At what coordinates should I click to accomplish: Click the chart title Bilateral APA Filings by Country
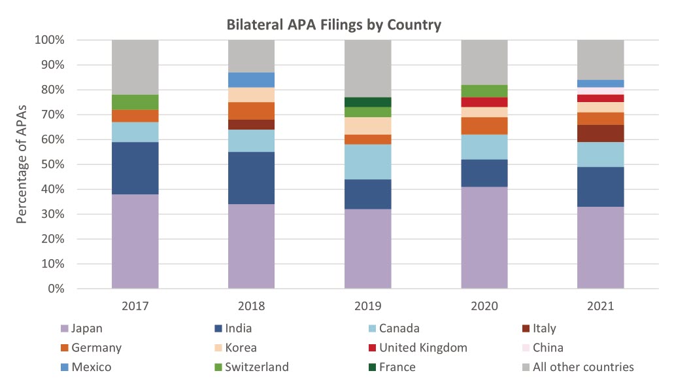[x=333, y=26]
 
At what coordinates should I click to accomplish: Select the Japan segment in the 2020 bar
[x=484, y=238]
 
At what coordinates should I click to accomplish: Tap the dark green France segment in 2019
[x=368, y=102]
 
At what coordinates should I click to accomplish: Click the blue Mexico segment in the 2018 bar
[x=252, y=80]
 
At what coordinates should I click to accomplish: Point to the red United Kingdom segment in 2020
[x=484, y=102]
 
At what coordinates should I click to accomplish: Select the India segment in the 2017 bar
[x=135, y=168]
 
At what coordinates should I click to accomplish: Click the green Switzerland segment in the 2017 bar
[x=135, y=102]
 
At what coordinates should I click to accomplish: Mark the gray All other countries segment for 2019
[x=368, y=68]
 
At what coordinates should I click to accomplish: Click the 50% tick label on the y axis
[x=51, y=164]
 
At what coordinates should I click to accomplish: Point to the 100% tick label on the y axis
[x=48, y=40]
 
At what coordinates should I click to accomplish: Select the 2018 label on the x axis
[x=252, y=306]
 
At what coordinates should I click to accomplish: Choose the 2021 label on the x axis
[x=601, y=306]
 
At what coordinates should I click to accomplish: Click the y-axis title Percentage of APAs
[x=22, y=164]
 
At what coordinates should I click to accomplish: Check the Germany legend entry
[x=97, y=347]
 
